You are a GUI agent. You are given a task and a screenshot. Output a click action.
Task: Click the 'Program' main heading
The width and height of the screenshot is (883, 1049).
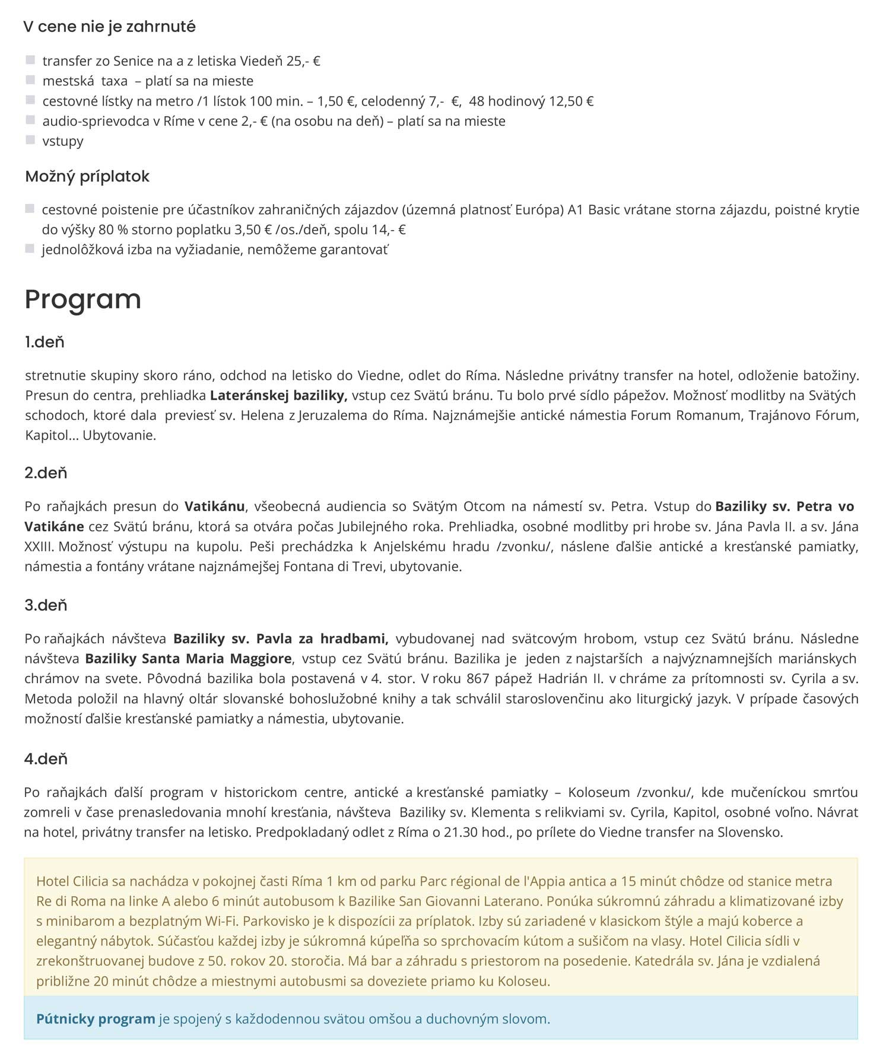point(82,299)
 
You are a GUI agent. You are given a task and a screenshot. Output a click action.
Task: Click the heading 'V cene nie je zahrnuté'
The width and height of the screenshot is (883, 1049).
point(109,27)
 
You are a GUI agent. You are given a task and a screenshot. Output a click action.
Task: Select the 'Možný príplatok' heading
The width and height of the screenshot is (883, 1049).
point(87,176)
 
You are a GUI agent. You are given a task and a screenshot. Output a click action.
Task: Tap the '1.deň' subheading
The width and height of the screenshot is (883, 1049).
point(45,342)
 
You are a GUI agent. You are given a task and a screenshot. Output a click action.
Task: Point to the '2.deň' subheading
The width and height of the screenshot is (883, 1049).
point(46,473)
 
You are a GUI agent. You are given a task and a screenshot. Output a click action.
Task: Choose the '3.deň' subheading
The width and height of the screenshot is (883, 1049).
point(46,605)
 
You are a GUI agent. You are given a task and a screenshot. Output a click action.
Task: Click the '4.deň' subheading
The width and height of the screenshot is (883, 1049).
point(46,759)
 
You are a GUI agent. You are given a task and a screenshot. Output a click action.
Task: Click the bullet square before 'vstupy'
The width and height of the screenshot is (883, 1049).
point(30,140)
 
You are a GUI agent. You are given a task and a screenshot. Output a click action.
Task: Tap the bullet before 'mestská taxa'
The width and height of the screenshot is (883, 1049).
point(30,80)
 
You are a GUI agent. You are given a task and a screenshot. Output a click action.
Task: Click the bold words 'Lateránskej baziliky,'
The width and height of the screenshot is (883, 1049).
point(278,396)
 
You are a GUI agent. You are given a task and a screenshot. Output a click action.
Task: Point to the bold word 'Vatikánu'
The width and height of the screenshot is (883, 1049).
point(214,506)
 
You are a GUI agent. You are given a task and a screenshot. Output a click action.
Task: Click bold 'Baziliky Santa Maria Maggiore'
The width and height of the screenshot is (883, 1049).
point(188,659)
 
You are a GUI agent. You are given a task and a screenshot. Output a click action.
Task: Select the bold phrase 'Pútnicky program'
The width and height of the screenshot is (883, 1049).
point(96,1019)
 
